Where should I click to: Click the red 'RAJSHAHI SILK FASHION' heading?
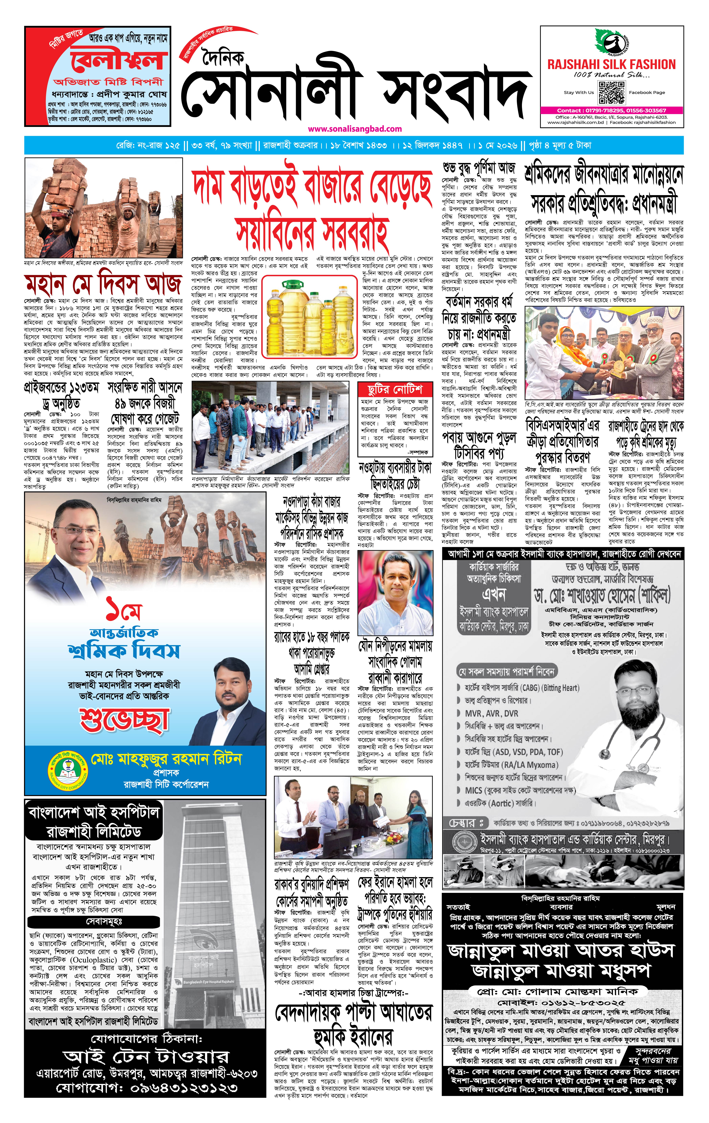point(611,64)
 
